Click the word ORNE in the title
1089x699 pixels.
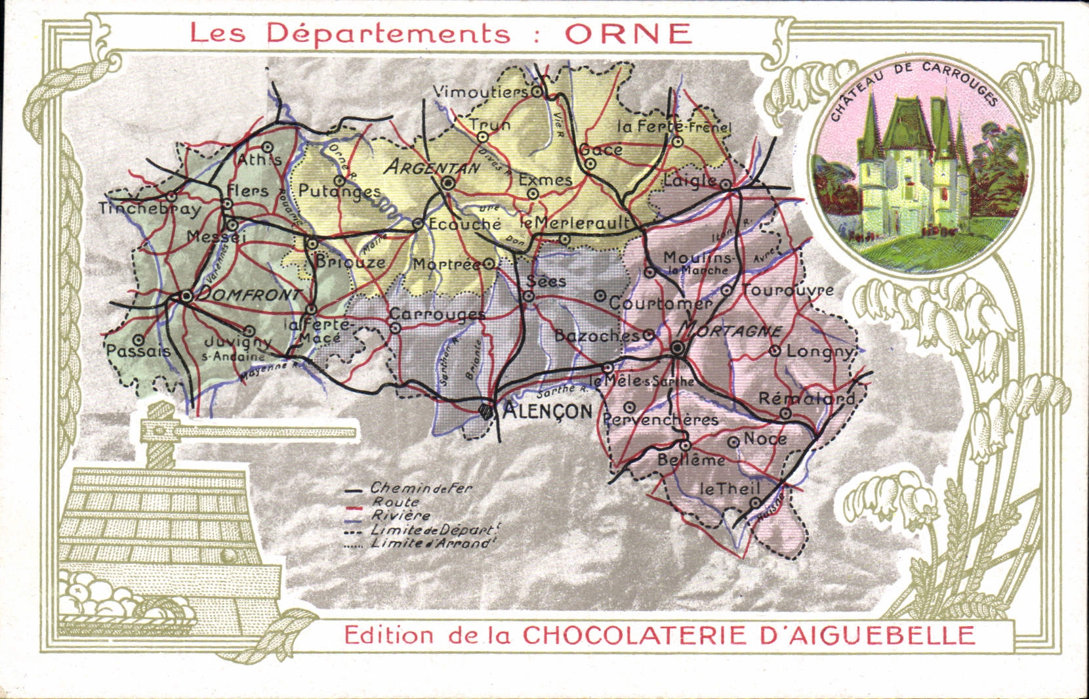click(x=628, y=33)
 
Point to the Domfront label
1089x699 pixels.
click(x=249, y=295)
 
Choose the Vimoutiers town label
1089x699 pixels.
click(x=480, y=92)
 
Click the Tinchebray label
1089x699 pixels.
click(x=150, y=209)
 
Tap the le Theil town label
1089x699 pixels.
click(x=729, y=489)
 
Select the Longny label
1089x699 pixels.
click(x=819, y=352)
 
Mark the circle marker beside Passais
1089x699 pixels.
click(x=138, y=340)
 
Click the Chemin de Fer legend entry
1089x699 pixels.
click(x=420, y=488)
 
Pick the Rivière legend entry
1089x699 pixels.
click(x=400, y=516)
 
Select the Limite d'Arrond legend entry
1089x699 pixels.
click(x=430, y=543)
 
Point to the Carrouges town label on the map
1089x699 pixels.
click(x=438, y=314)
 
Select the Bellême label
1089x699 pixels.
click(x=691, y=460)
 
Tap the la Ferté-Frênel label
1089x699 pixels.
click(x=674, y=127)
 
